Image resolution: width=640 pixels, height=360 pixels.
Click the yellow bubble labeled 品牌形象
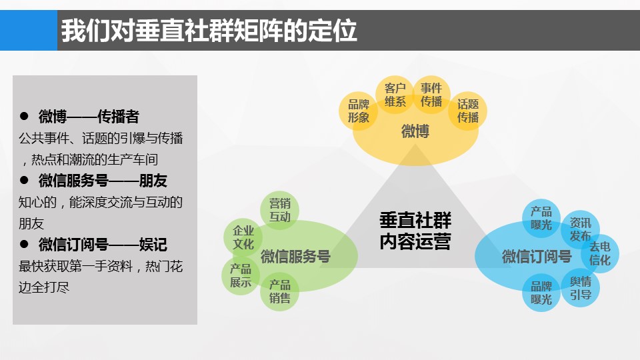tap(359, 111)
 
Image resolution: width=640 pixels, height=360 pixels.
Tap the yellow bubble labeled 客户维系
tap(395, 95)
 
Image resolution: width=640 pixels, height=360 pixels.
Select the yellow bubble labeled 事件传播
tap(431, 95)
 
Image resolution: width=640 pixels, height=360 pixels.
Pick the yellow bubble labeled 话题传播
tap(468, 111)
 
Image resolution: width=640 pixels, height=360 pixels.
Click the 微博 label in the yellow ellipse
tap(415, 131)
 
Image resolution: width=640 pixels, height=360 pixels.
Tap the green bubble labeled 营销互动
tap(279, 210)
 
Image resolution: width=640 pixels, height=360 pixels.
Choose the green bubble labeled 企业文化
tap(243, 237)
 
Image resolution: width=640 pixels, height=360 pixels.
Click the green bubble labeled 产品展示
tap(241, 275)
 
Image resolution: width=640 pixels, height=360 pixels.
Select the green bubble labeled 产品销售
tap(279, 291)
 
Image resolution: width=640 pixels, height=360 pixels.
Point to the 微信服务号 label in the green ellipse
tap(295, 256)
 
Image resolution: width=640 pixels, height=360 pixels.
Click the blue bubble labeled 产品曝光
tap(541, 219)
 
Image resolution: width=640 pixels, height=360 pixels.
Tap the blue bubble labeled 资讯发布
tap(581, 229)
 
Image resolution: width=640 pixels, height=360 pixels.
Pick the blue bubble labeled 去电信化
tap(599, 253)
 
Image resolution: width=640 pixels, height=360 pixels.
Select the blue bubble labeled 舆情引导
tap(581, 288)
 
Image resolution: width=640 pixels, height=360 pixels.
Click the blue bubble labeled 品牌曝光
tap(541, 293)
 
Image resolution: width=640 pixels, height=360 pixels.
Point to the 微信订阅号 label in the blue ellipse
tap(537, 256)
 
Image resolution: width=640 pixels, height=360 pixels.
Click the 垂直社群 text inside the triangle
tap(415, 221)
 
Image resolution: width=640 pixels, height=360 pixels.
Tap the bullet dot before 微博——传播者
tap(24, 116)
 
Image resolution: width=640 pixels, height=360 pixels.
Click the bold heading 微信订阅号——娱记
tap(103, 245)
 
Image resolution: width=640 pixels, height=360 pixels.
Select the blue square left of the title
tap(29, 30)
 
